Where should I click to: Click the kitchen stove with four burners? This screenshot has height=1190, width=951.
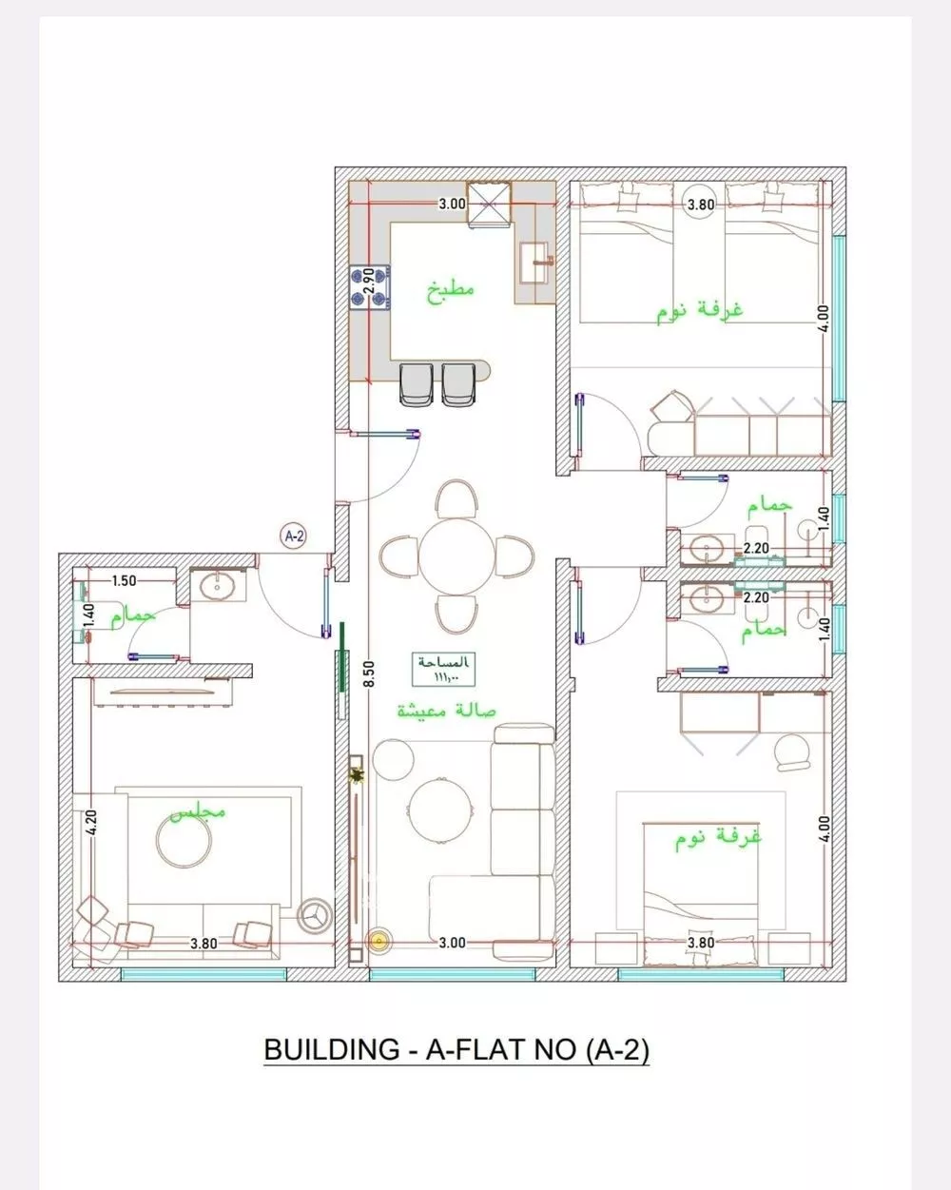tap(371, 286)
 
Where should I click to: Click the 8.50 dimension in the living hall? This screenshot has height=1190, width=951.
tap(369, 673)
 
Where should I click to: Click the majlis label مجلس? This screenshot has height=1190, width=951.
tap(198, 813)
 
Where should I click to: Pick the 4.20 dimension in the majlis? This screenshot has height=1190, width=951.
tap(91, 822)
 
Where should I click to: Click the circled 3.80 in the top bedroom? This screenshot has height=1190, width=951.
tap(701, 204)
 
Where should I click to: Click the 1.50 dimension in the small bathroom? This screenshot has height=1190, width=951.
tap(124, 580)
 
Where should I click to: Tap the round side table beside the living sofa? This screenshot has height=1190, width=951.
tap(392, 759)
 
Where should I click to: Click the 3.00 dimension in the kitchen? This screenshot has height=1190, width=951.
tap(452, 204)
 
